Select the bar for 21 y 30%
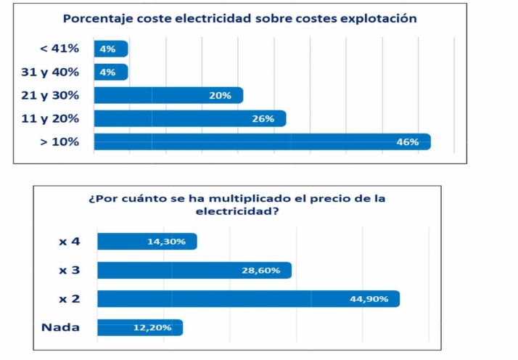click(168, 95)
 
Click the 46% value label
click(407, 142)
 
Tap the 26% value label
click(263, 119)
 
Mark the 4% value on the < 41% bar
click(107, 49)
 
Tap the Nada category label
click(60, 327)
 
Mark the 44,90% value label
click(369, 299)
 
